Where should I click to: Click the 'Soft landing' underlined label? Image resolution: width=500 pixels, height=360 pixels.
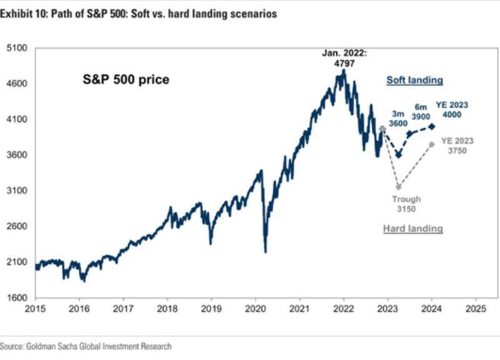(x=414, y=81)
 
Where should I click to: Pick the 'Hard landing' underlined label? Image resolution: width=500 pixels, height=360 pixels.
(x=412, y=229)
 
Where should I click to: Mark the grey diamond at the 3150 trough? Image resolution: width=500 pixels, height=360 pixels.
(x=399, y=186)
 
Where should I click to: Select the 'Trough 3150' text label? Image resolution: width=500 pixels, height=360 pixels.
(x=406, y=204)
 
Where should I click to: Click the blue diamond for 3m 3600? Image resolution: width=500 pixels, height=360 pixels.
(x=398, y=154)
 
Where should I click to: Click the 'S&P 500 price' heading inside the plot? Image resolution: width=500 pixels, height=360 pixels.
(x=126, y=80)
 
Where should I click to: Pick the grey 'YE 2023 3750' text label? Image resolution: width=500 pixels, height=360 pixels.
(x=457, y=145)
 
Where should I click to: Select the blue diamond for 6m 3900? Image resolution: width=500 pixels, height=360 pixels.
(x=410, y=134)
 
